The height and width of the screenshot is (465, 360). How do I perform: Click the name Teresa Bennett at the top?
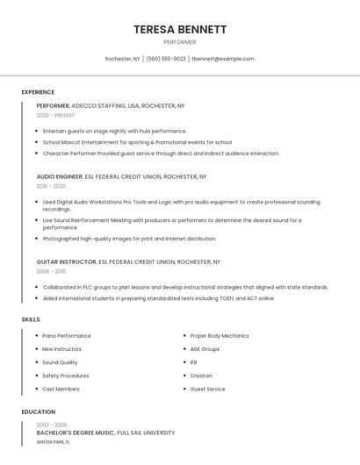[x=180, y=30]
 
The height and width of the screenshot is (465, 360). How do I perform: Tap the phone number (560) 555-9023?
[x=166, y=59]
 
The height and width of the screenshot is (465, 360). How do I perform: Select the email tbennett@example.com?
[x=223, y=59]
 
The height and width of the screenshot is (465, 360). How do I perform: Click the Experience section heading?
[x=38, y=92]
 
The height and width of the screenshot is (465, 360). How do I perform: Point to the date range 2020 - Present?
[x=55, y=115]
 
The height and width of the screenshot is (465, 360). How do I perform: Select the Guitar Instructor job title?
[x=67, y=261]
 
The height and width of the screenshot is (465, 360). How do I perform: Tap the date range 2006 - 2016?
[x=51, y=271]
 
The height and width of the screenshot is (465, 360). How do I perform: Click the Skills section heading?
[x=31, y=319]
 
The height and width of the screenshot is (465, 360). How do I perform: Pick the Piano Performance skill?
[x=67, y=336]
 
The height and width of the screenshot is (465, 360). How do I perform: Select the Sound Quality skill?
[x=60, y=362]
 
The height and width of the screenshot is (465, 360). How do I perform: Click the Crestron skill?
[x=201, y=376]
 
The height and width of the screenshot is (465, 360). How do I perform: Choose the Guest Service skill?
[x=208, y=389]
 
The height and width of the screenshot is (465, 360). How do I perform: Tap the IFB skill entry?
[x=194, y=362]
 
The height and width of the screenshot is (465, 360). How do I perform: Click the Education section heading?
[x=39, y=411]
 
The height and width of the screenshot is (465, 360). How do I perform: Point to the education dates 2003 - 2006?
[x=52, y=425]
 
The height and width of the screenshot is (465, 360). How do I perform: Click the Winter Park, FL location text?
[x=54, y=442]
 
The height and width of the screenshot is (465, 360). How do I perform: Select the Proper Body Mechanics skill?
[x=220, y=336]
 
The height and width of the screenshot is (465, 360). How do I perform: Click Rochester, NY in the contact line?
[x=123, y=59]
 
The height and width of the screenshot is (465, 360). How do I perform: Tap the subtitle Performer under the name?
[x=180, y=42]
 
